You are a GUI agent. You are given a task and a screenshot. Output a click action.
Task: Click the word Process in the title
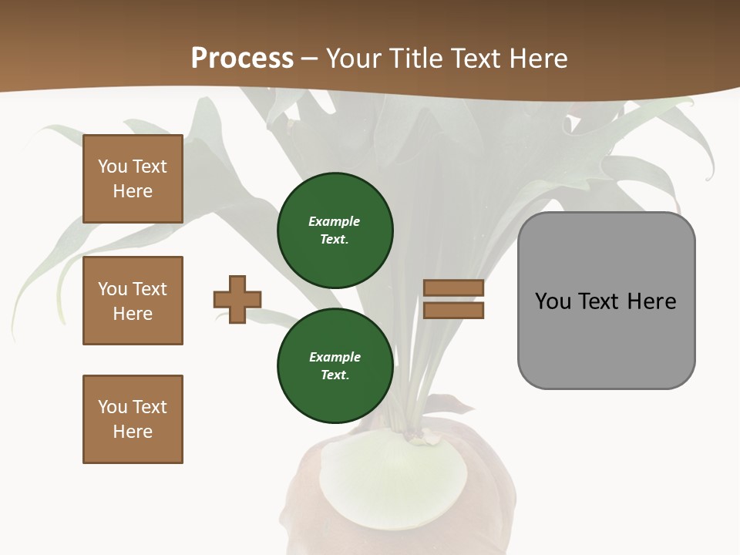tap(242, 59)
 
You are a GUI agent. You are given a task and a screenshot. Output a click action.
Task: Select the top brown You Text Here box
tap(133, 179)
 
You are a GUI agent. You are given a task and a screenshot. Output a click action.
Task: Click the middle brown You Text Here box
tap(133, 301)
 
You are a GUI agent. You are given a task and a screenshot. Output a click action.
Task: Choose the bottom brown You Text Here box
tap(133, 419)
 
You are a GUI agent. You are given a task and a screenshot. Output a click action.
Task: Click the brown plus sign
tap(237, 299)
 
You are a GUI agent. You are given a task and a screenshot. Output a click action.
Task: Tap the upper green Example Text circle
tap(335, 230)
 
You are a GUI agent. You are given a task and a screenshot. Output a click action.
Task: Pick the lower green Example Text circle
tap(335, 366)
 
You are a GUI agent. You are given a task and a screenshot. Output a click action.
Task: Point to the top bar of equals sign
tap(453, 288)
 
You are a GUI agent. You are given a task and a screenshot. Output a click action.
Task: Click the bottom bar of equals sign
tap(453, 310)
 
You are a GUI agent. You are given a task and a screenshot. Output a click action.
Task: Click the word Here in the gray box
tap(651, 301)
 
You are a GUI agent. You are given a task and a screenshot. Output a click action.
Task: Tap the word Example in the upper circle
tap(335, 221)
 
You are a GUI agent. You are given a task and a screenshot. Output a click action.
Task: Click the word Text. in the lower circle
tap(335, 375)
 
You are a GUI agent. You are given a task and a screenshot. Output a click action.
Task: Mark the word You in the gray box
tap(552, 301)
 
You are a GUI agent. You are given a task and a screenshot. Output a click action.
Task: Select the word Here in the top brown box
tap(133, 191)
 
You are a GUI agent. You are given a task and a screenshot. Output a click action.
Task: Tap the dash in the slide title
tap(310, 59)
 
